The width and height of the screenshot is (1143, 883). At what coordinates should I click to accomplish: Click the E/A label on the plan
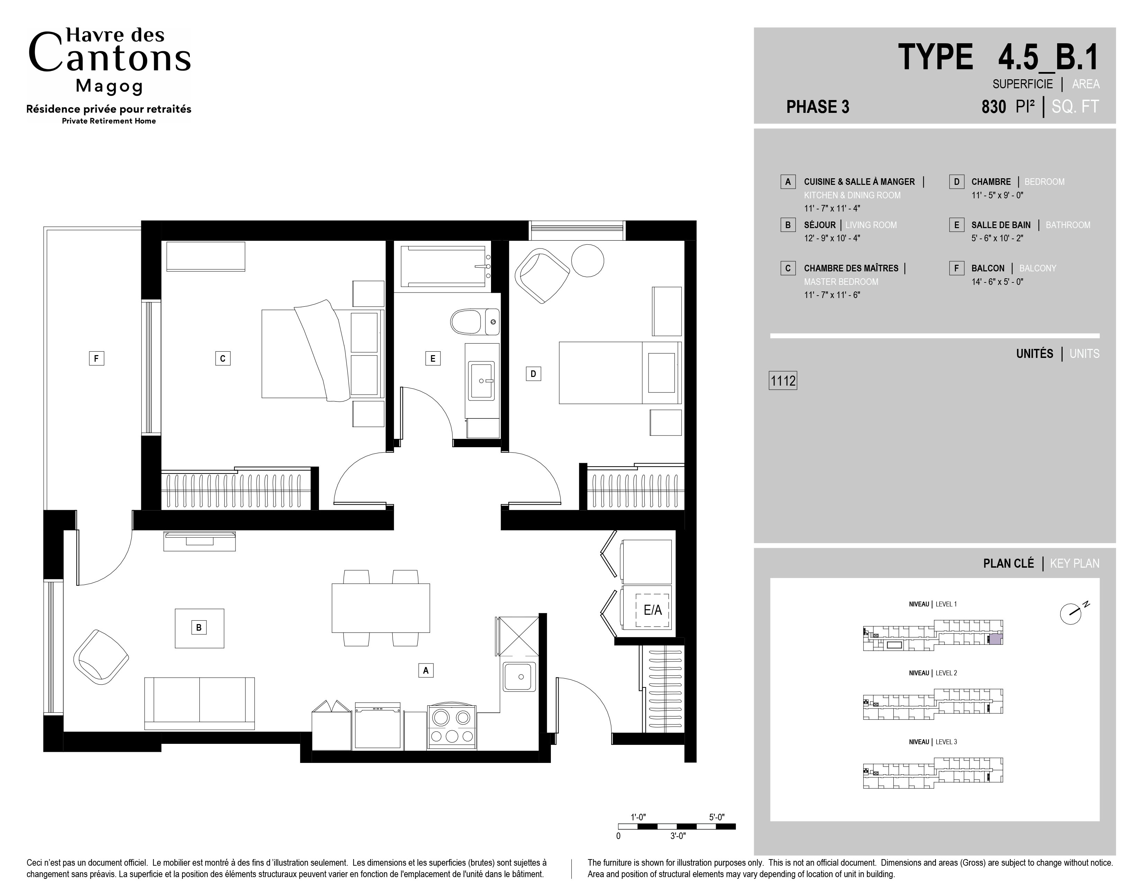pyautogui.click(x=653, y=610)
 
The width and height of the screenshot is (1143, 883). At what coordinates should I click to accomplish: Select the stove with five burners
pyautogui.click(x=452, y=728)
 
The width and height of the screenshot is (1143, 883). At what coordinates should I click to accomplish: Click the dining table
pyautogui.click(x=381, y=608)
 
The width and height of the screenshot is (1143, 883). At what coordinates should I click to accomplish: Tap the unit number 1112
pyautogui.click(x=783, y=381)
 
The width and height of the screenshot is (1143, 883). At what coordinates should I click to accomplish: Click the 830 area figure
pyautogui.click(x=994, y=107)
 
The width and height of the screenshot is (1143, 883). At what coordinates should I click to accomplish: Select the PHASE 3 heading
pyautogui.click(x=818, y=107)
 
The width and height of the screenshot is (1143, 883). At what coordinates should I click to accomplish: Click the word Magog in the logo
pyautogui.click(x=109, y=86)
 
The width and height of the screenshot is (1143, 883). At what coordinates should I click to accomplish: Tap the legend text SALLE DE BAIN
pyautogui.click(x=1001, y=225)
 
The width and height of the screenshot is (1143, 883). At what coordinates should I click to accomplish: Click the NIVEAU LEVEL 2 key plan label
pyautogui.click(x=932, y=673)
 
